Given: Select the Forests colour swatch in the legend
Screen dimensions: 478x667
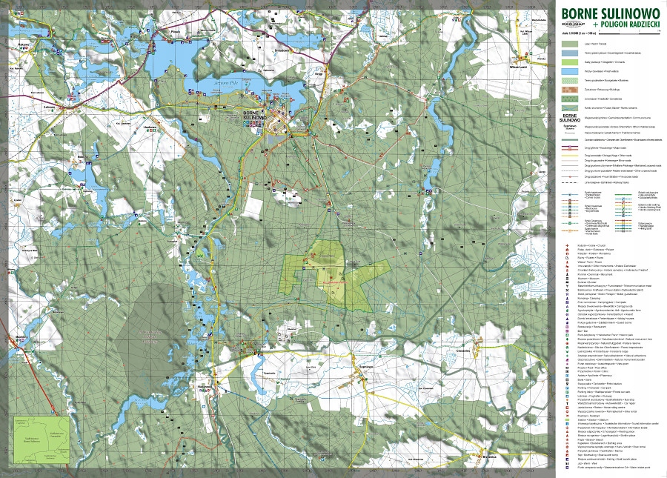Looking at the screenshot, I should tap(570, 44).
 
